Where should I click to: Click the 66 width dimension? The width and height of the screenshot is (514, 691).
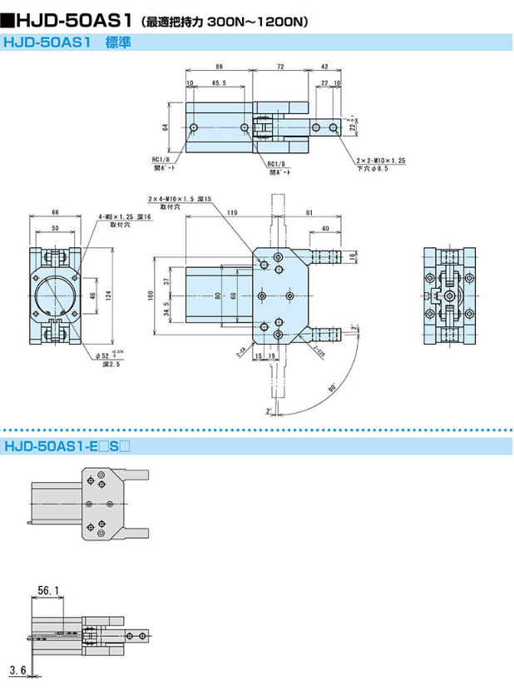(x=55, y=211)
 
